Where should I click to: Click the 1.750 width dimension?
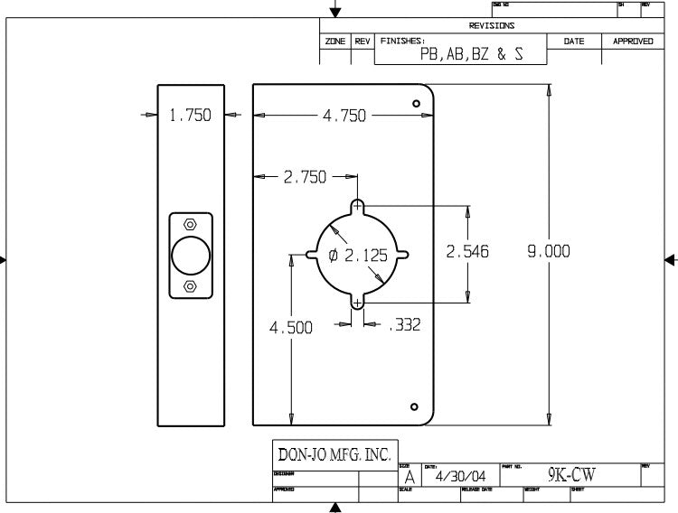[190, 116]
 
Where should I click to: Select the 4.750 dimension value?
[344, 116]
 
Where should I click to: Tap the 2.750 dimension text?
[305, 177]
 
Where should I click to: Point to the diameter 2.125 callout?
[358, 256]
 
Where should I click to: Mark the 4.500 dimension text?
[291, 328]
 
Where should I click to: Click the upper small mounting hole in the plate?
[416, 104]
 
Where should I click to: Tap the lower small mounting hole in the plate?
[414, 406]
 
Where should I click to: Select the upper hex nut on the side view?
[190, 225]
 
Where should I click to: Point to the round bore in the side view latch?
[190, 256]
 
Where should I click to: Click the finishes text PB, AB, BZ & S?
[471, 54]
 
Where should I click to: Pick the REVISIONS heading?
[492, 26]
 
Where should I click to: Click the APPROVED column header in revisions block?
[633, 42]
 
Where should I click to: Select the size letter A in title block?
[410, 477]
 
